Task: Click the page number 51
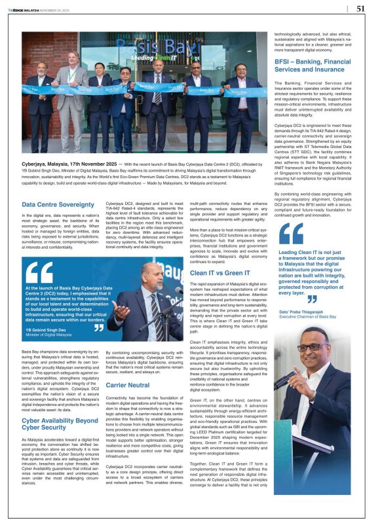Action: [361, 9]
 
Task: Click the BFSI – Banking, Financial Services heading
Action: [316, 65]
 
